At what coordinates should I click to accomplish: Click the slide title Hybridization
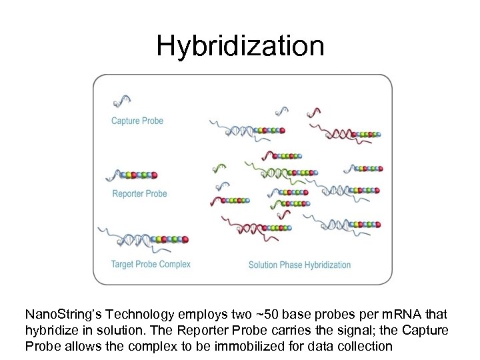tap(240, 46)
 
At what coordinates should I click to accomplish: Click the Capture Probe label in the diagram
tap(137, 121)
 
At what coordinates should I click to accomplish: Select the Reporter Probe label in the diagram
tap(139, 193)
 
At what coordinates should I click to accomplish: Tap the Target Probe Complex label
tap(151, 264)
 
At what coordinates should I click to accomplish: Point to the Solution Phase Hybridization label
tap(299, 265)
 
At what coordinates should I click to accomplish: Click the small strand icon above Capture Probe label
tap(121, 101)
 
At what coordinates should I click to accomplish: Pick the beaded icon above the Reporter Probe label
tap(132, 175)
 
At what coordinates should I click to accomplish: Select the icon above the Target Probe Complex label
tap(143, 238)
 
